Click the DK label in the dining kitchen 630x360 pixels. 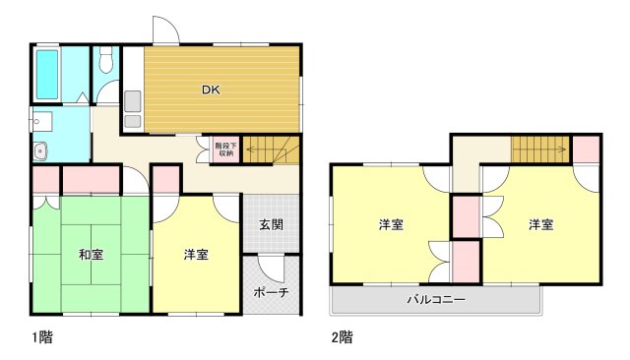tap(211, 90)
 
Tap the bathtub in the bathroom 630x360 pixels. tap(48, 72)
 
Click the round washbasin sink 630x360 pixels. tap(41, 151)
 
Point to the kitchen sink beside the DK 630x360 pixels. tap(133, 102)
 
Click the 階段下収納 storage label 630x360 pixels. tap(225, 149)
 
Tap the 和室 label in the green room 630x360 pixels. tap(92, 255)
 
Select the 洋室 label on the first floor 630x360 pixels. tap(196, 255)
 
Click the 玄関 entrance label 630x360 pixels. tap(272, 224)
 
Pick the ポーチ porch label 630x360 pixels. tap(271, 292)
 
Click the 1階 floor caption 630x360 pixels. tap(40, 336)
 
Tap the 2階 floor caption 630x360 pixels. tap(342, 336)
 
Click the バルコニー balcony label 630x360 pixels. tap(436, 299)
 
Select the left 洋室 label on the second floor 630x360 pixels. tap(392, 224)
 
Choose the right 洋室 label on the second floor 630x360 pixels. tap(539, 224)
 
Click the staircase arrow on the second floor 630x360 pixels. tap(540, 150)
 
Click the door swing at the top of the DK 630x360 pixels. tap(167, 30)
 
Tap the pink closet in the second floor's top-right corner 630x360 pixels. tap(586, 150)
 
